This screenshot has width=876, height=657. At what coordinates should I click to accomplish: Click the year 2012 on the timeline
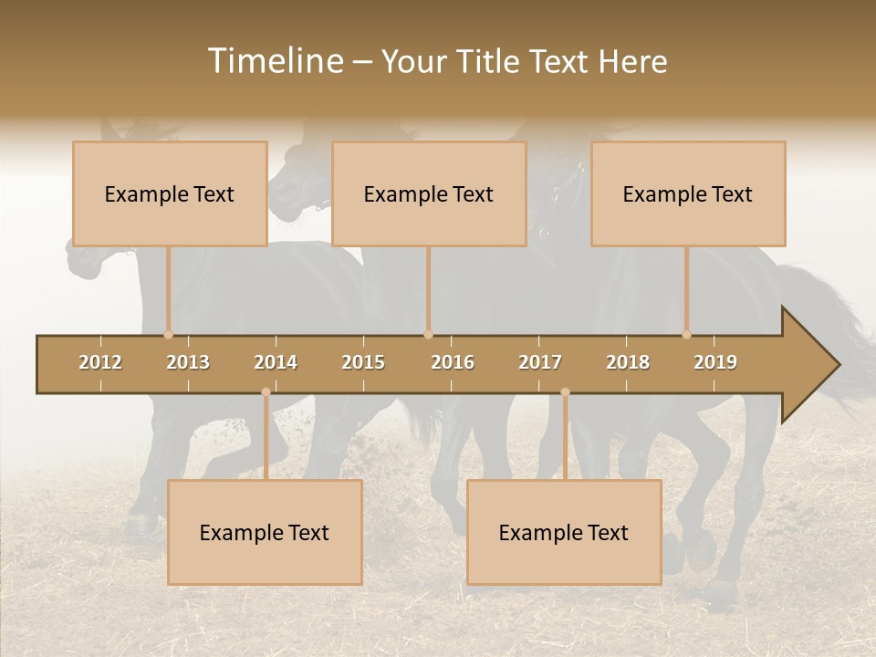[100, 362]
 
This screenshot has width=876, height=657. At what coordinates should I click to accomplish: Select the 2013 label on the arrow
[188, 362]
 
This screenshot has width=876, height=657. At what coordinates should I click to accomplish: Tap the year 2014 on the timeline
[276, 362]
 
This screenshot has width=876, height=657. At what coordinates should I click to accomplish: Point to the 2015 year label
[363, 362]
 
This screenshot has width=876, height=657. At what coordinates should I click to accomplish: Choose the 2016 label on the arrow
[453, 362]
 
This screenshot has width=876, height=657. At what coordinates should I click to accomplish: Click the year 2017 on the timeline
[540, 362]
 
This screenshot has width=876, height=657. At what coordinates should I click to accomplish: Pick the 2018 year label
[628, 362]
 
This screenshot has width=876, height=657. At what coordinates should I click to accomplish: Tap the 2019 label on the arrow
[715, 362]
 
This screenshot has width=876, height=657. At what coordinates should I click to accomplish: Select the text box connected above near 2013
[170, 193]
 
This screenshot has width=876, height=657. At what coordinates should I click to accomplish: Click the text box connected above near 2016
[429, 193]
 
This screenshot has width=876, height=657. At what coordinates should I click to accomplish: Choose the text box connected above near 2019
[688, 193]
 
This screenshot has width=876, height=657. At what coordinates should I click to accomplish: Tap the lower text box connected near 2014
[265, 532]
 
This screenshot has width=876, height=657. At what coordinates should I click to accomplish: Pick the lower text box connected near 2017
[564, 532]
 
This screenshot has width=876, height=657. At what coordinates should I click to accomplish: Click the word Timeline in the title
[274, 61]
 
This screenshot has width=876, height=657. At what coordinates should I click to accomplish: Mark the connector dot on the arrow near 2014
[266, 391]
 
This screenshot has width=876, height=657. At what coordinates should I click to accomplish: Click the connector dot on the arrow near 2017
[565, 391]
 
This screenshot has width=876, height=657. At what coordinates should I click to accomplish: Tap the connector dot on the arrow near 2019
[686, 334]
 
